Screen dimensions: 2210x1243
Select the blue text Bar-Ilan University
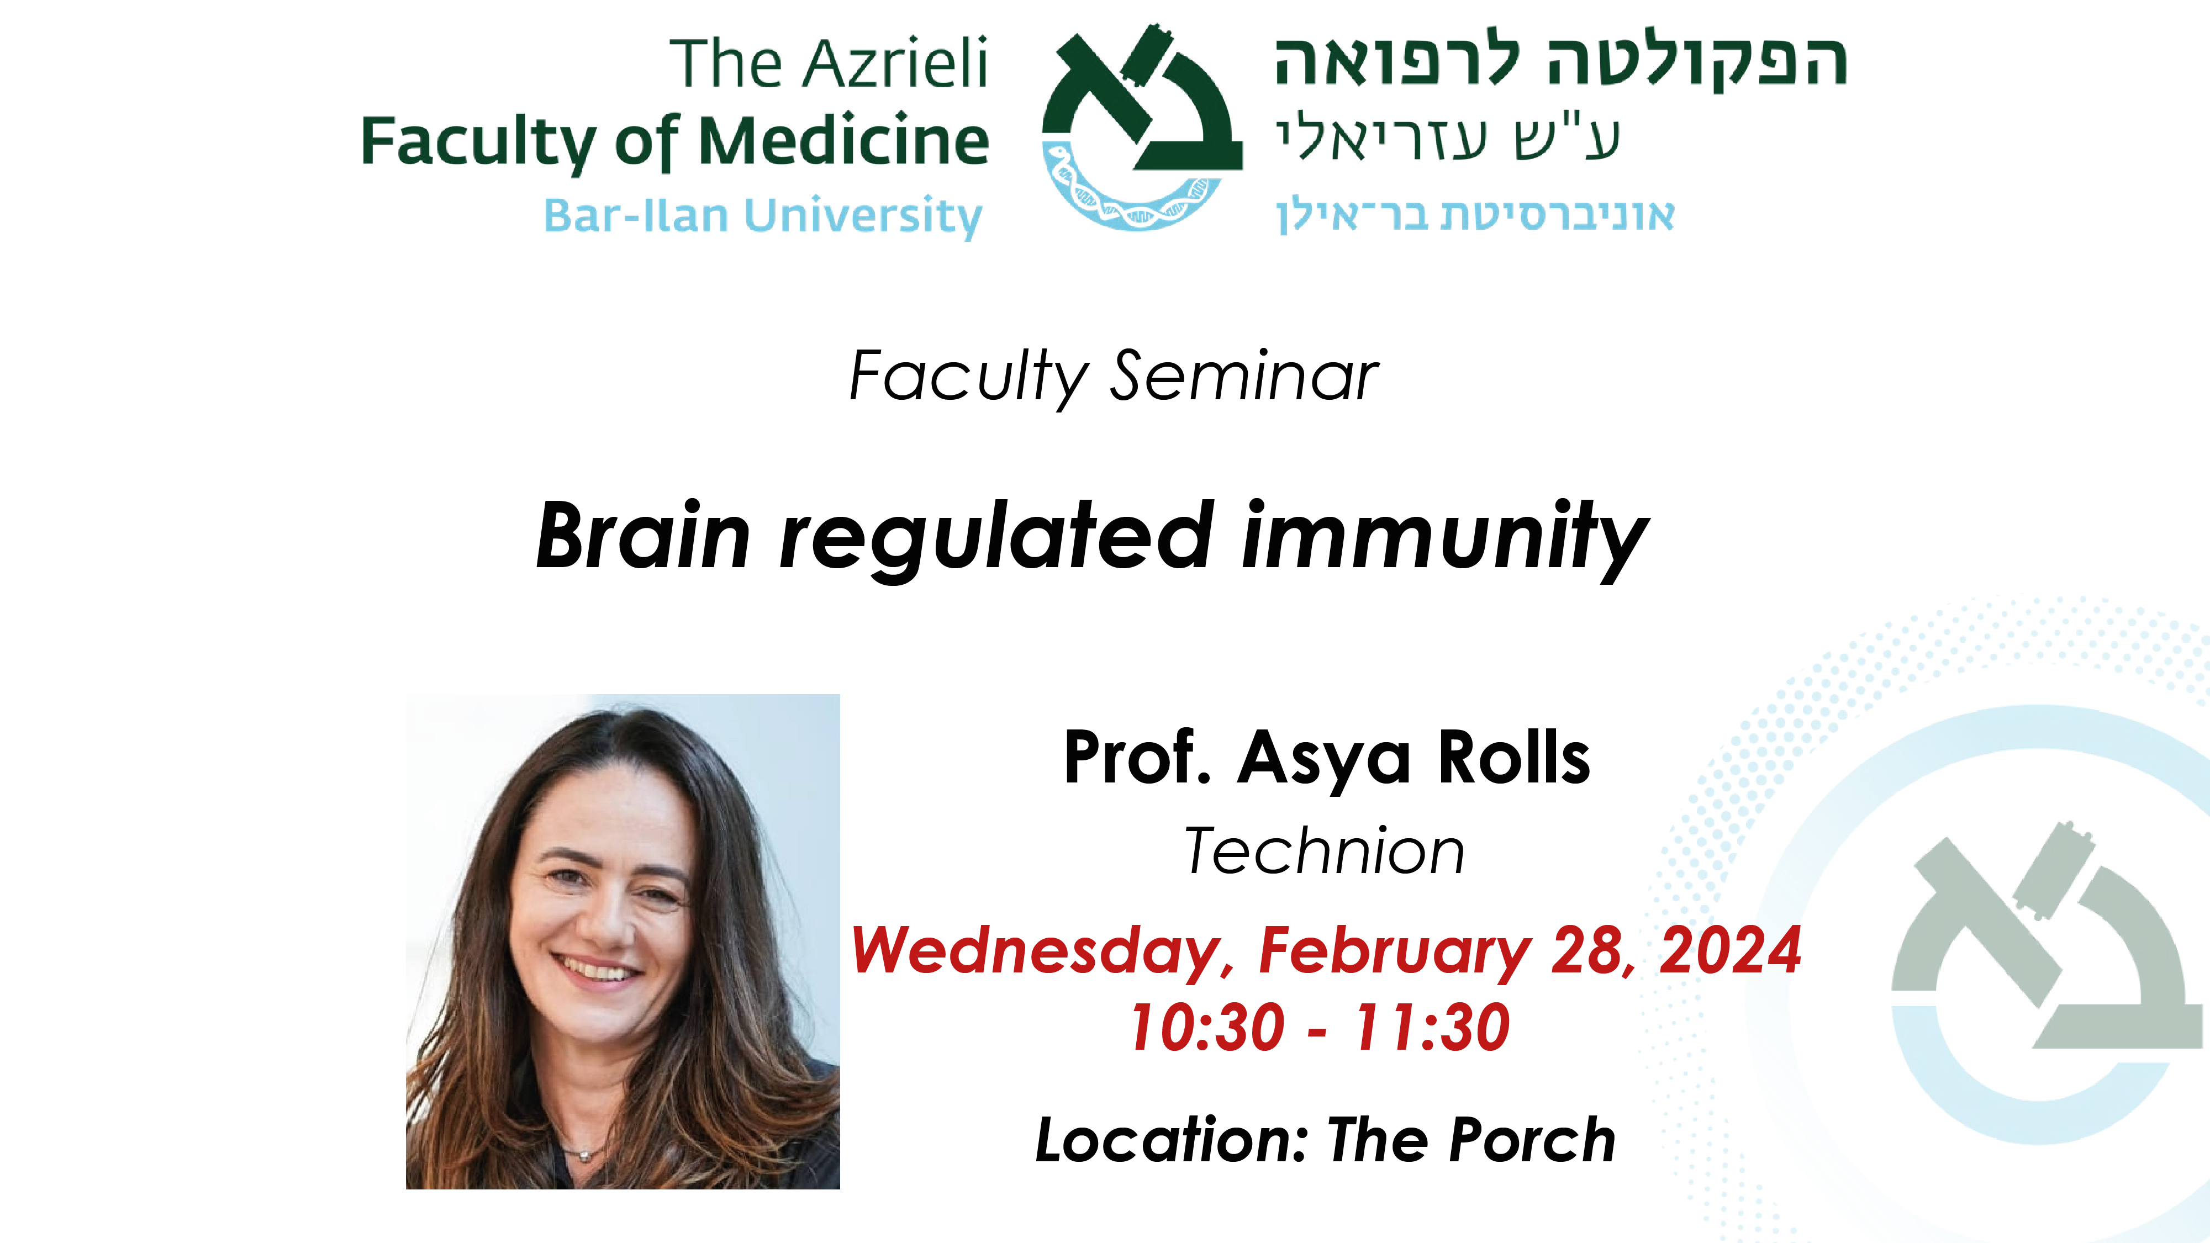point(763,215)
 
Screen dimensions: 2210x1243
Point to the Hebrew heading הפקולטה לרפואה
point(1560,62)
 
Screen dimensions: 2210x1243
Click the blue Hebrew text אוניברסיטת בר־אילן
point(1475,214)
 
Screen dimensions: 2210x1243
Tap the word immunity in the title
point(1446,539)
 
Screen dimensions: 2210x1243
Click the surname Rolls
point(1514,758)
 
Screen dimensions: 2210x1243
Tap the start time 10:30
point(1207,1027)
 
